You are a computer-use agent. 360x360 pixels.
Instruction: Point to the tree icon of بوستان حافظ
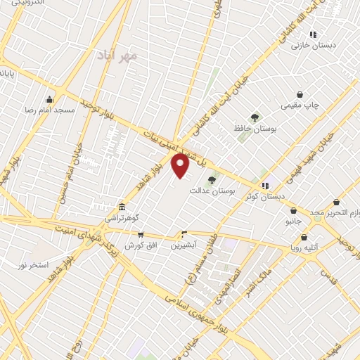(255, 117)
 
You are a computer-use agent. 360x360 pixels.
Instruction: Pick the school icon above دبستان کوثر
(265, 186)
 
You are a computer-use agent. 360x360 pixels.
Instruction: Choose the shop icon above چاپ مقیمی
(300, 94)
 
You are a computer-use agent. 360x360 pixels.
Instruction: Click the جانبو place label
(292, 220)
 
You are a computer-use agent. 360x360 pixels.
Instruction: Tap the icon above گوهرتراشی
(123, 207)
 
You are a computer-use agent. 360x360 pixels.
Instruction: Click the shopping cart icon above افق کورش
(141, 234)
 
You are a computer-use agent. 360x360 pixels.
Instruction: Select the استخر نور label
(33, 264)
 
